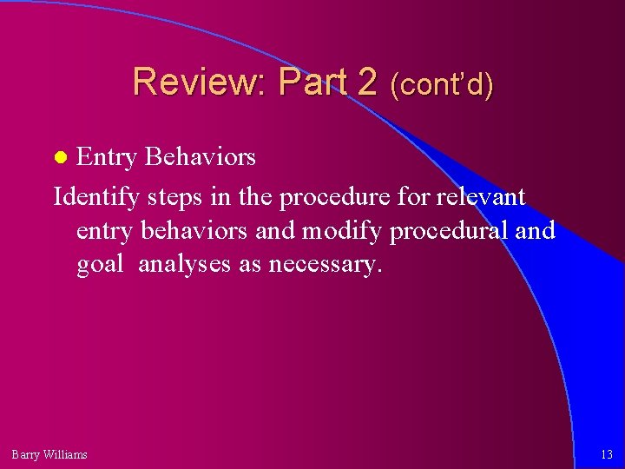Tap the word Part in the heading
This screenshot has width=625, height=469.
point(308,83)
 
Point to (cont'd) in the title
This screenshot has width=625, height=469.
point(442,84)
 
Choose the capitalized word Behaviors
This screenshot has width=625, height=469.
point(201,156)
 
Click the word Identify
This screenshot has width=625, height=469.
point(95,197)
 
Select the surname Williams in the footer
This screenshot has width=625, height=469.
point(66,454)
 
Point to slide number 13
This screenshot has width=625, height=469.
point(606,454)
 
